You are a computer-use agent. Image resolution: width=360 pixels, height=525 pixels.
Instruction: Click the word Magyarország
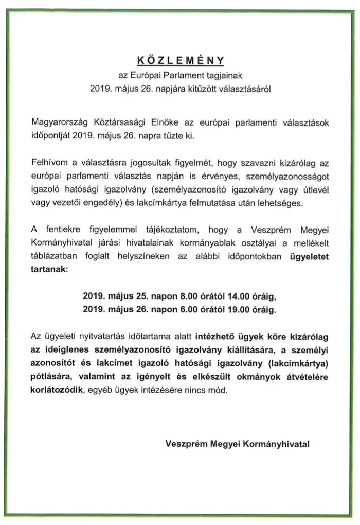click(x=60, y=125)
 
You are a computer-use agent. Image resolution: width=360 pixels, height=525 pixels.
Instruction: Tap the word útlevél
click(x=315, y=190)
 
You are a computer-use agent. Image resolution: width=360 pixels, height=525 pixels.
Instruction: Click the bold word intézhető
click(x=214, y=337)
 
